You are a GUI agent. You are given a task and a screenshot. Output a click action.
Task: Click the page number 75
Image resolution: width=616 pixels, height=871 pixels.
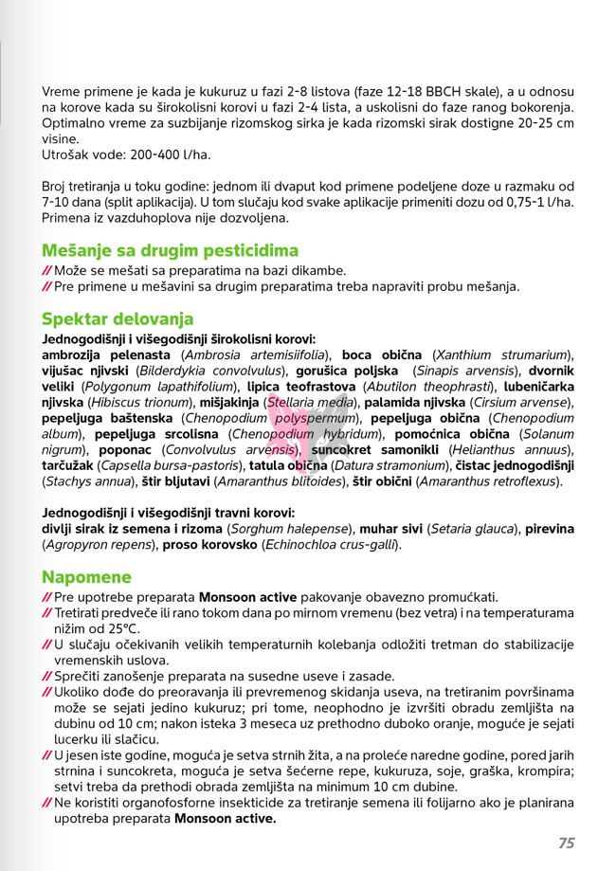[567, 843]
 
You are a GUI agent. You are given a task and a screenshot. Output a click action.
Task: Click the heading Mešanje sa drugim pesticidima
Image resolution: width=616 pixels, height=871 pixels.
[170, 250]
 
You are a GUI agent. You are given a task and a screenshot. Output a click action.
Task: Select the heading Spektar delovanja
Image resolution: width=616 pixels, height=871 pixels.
[118, 318]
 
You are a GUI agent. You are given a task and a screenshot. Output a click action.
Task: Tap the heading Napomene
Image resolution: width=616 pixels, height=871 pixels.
[86, 576]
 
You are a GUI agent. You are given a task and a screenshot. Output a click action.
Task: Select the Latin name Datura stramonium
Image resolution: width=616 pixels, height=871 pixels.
[390, 465]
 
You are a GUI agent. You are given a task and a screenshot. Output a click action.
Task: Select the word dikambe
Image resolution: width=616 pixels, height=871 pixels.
[317, 270]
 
